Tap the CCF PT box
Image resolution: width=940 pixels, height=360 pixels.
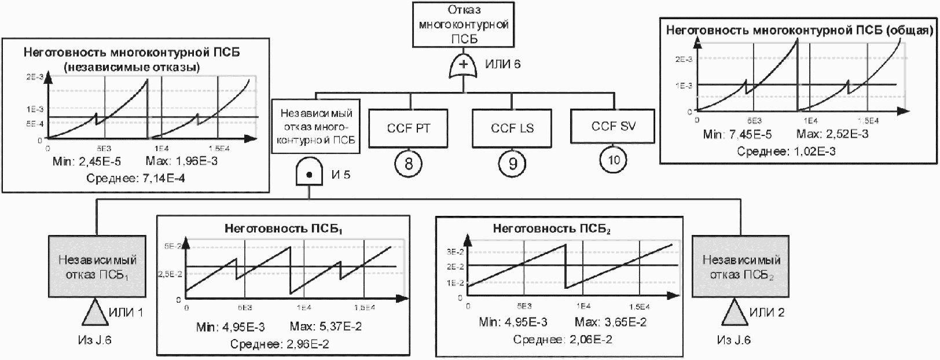pyautogui.click(x=408, y=128)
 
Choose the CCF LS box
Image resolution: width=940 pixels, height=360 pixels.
pyautogui.click(x=512, y=128)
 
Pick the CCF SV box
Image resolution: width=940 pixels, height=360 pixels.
pyautogui.click(x=613, y=126)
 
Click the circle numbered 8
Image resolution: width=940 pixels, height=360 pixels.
pyautogui.click(x=408, y=164)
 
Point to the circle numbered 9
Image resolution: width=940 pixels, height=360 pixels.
pyautogui.click(x=512, y=164)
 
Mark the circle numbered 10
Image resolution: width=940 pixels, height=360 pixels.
pyautogui.click(x=613, y=161)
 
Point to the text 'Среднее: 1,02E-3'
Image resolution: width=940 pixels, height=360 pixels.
pyautogui.click(x=786, y=151)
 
